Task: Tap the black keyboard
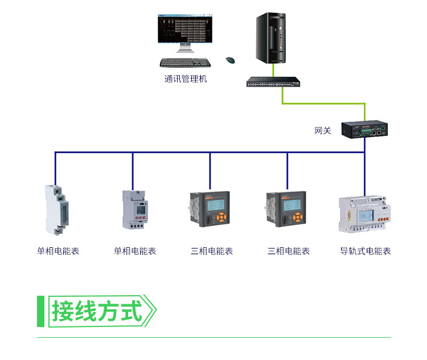185,63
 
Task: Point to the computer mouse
231,59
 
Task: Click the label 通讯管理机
186,79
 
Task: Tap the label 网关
323,131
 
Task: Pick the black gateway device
365,130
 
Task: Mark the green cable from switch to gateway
325,104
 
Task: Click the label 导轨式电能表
366,251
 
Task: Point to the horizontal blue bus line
171,152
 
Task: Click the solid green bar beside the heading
40,311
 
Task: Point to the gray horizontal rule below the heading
213,338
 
